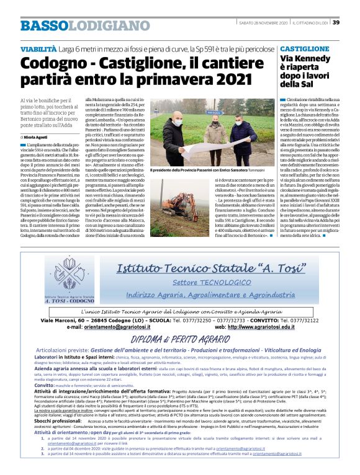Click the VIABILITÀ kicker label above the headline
pos(40,48)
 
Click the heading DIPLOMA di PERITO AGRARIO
pos(180,340)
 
